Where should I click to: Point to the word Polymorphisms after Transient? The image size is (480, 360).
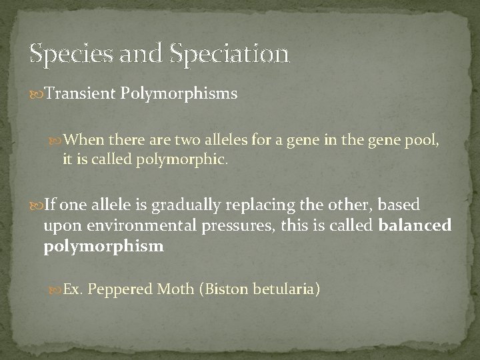(179, 94)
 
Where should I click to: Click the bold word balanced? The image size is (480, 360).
(415, 226)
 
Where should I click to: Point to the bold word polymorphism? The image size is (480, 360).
(103, 247)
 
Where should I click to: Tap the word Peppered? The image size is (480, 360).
(122, 290)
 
